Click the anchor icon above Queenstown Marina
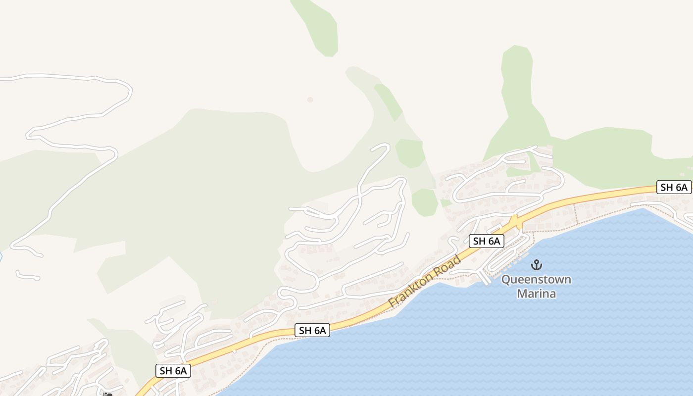[536, 264]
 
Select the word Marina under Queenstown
[536, 294]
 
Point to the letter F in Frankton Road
[394, 302]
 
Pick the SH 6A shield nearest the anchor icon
[487, 241]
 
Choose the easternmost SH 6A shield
[674, 187]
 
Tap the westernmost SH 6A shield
[173, 371]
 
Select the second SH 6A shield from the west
[312, 330]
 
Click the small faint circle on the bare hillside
[310, 99]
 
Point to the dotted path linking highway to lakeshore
[575, 213]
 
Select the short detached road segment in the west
[27, 276]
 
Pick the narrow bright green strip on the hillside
[389, 102]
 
